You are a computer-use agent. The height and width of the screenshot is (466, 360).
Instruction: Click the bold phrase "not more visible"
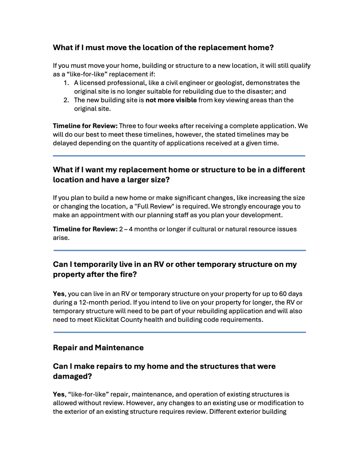point(171,100)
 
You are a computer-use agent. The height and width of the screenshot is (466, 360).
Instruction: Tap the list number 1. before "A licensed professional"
point(66,83)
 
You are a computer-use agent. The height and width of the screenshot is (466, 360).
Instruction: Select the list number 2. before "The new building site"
point(66,100)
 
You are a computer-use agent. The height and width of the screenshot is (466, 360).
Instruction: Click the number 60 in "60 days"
point(279,294)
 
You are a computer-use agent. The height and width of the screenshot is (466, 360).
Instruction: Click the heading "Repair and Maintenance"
point(98,348)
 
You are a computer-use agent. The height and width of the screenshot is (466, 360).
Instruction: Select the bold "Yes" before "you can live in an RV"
point(59,294)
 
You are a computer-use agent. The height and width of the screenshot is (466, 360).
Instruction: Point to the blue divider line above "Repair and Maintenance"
point(179,332)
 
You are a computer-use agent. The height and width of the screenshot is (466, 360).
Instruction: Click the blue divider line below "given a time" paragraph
point(179,156)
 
